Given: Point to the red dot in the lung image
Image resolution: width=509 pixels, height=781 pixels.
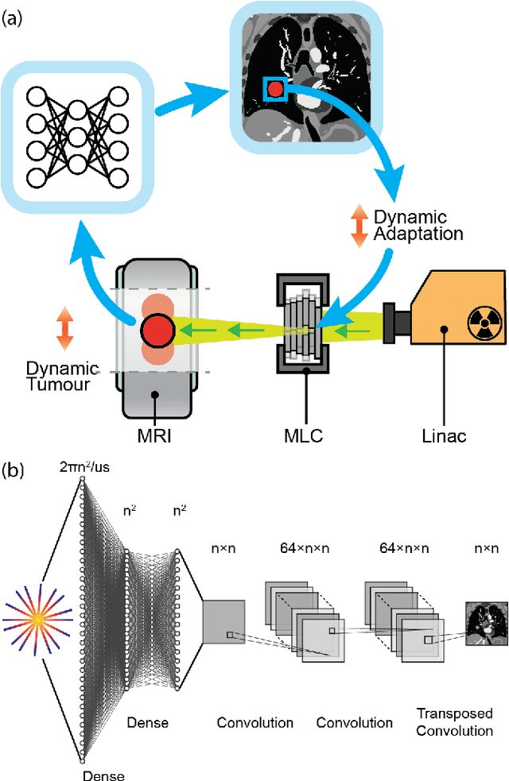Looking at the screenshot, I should pos(275,90).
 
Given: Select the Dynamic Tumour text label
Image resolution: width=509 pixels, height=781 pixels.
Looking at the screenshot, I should pos(60,378).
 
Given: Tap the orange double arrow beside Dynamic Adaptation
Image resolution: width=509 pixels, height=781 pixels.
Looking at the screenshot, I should pos(358,226).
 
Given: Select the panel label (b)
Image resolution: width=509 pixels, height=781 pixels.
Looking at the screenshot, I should pos(13,469).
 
